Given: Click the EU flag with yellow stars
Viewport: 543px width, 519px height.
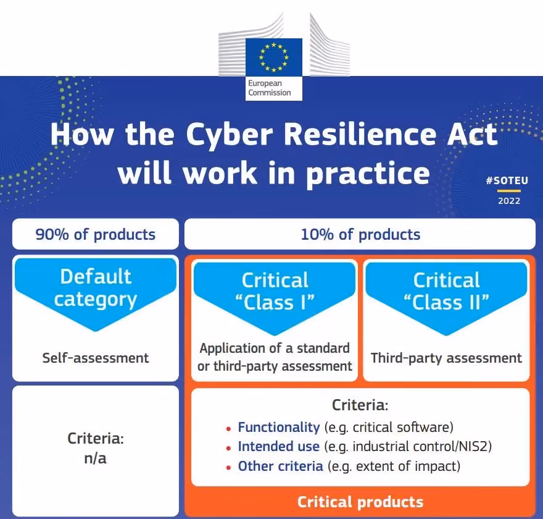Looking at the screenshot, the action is (273, 57).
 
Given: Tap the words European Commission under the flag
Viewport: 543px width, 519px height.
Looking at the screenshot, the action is (270, 88).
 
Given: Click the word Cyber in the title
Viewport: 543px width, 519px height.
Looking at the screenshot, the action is (230, 135).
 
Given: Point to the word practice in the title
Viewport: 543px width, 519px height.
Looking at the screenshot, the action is (368, 174).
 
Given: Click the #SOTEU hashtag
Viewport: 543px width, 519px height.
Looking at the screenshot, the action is (507, 180).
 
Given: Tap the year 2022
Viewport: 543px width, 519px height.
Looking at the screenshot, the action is (509, 201).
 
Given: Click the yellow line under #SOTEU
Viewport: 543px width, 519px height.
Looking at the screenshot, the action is (508, 191).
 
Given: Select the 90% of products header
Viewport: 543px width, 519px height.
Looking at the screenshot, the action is (96, 234).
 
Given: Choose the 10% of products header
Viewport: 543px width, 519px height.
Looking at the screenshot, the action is (360, 234).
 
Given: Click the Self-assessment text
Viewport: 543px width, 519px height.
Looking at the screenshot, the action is (96, 358).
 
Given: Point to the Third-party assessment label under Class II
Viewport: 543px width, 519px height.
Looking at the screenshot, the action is (446, 358).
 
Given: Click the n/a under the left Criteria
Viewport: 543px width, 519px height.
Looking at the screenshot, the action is (95, 458).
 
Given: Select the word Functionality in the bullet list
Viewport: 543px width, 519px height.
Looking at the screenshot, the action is (279, 428).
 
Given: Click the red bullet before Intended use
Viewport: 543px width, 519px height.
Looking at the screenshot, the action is (228, 449).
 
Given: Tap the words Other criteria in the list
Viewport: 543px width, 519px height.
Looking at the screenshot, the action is (281, 466).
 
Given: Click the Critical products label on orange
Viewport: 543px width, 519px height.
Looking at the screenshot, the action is (360, 502).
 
